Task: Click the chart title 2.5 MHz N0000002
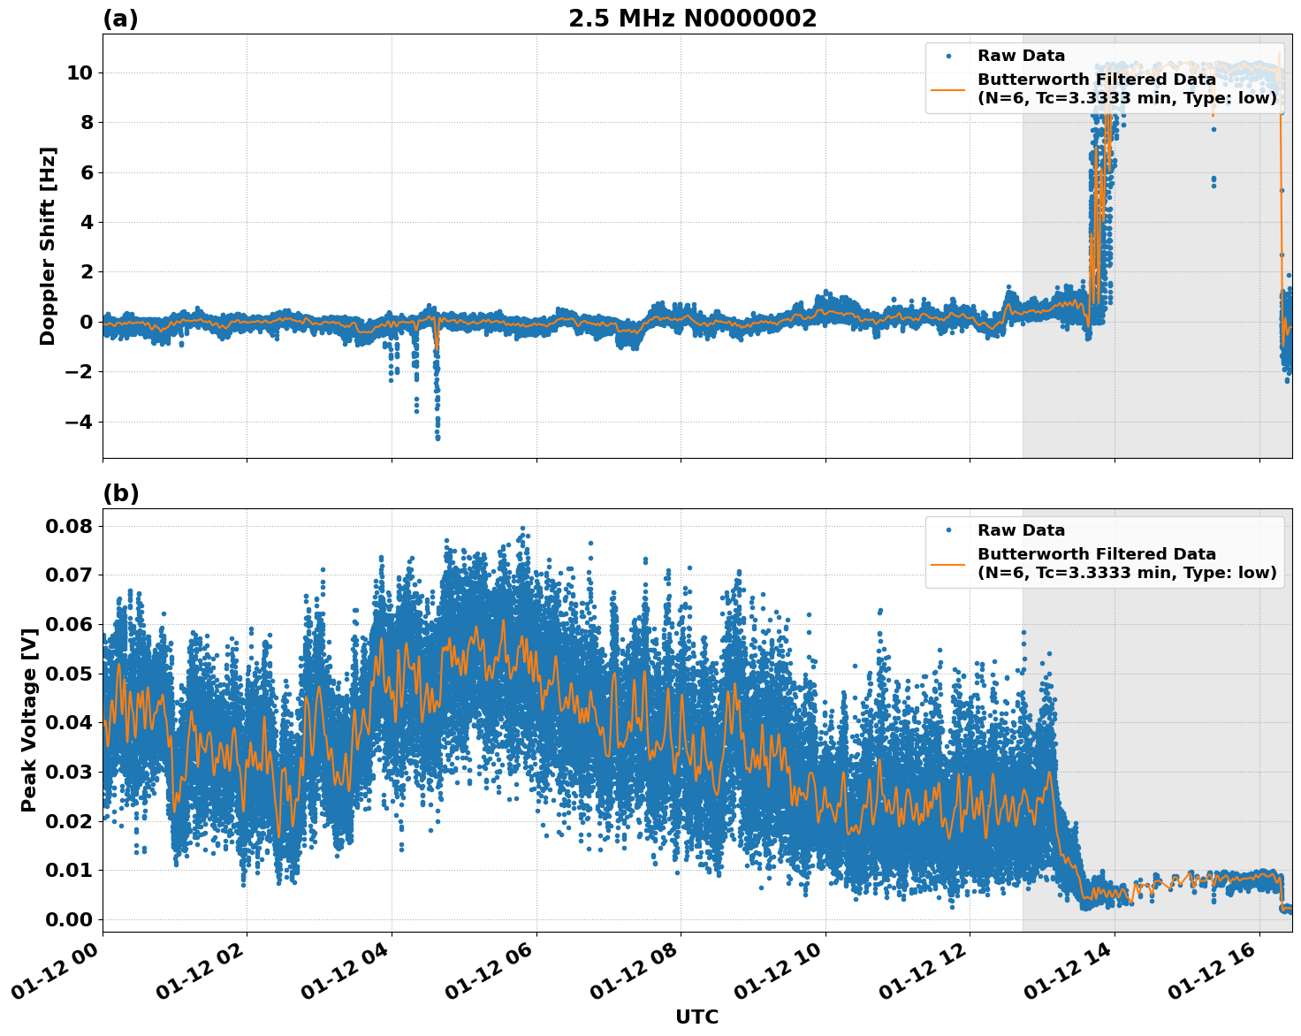(692, 19)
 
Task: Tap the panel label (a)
(120, 19)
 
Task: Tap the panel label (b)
(120, 493)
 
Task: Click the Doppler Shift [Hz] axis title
(48, 246)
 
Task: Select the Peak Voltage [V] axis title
(29, 720)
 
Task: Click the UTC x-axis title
(696, 1017)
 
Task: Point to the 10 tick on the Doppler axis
(79, 72)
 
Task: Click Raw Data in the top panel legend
(1021, 56)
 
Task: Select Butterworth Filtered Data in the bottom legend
(1096, 554)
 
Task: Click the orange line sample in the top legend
(948, 88)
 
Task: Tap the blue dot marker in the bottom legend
(948, 530)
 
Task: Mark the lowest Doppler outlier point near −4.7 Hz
(437, 438)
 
